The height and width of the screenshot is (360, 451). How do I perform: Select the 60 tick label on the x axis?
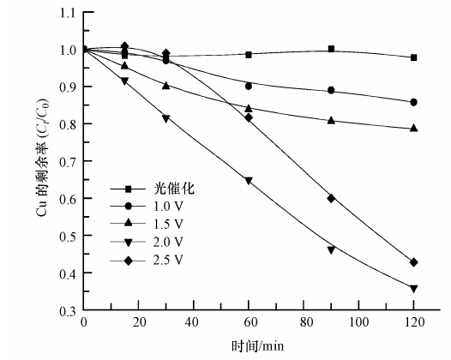point(249,324)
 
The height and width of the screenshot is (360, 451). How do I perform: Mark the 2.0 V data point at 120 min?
point(414,289)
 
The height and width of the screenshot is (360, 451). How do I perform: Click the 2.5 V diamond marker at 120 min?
point(414,262)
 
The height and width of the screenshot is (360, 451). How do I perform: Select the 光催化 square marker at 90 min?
point(331,49)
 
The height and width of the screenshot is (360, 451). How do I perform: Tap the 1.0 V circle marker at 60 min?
point(249,86)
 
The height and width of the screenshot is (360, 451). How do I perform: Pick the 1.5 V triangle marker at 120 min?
point(414,129)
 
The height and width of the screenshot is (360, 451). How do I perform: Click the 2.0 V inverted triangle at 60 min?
point(249,181)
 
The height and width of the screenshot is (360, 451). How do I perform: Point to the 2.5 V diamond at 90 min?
point(331,198)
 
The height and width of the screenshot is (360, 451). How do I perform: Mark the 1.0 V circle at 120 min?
point(414,102)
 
